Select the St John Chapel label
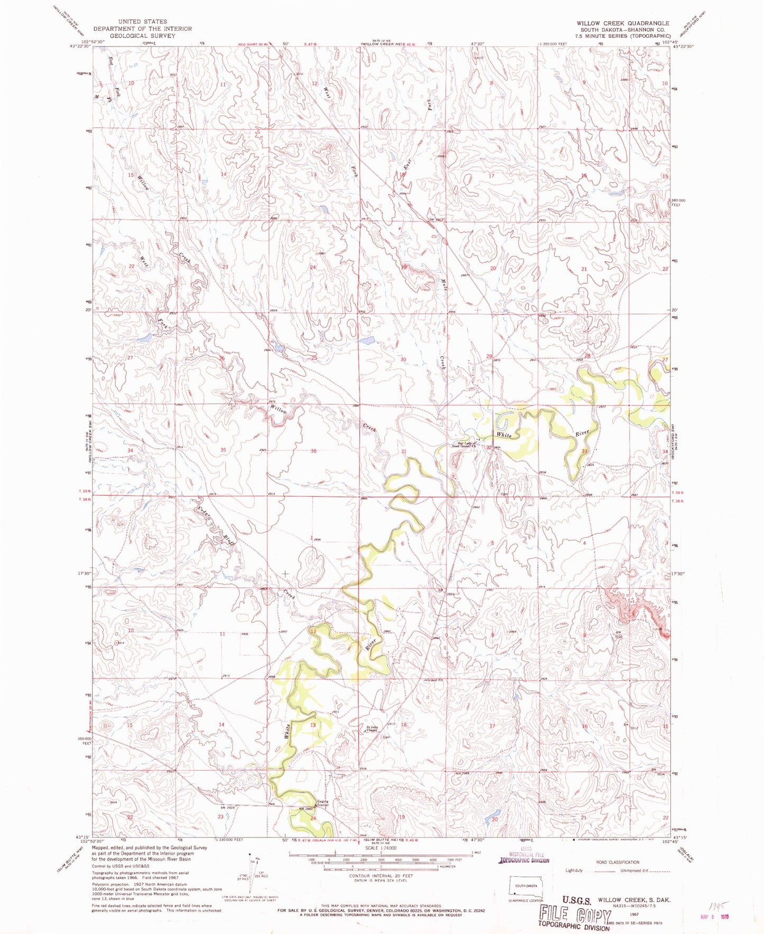point(372,730)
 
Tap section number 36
point(314,451)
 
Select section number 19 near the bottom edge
point(401,817)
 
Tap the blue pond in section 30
point(366,341)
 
